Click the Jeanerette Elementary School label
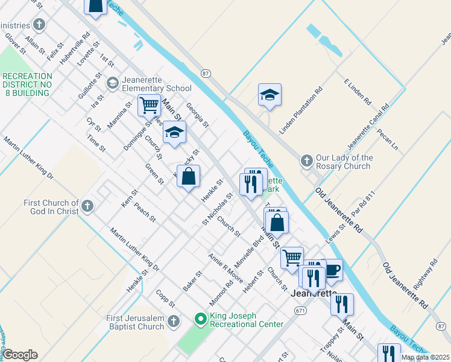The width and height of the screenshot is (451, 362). (148, 84)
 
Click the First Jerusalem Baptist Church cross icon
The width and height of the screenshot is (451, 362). (174, 321)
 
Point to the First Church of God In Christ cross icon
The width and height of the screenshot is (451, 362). (87, 207)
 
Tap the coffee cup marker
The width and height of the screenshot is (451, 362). (332, 269)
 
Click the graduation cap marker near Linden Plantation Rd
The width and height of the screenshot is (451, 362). (270, 95)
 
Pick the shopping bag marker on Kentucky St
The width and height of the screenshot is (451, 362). (189, 177)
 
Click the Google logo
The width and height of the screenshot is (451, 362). (19, 355)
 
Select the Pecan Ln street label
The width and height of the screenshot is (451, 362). (388, 139)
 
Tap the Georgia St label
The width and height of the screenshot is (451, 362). (197, 115)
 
